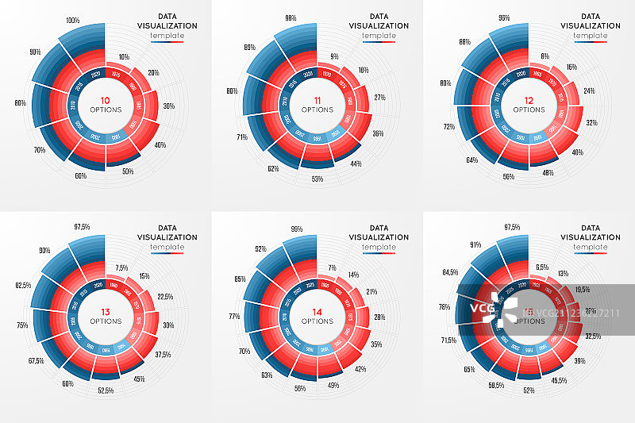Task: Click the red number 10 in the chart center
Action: tap(106, 101)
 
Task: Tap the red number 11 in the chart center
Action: tap(317, 101)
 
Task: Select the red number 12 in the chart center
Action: tap(528, 101)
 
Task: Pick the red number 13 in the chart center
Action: tap(106, 312)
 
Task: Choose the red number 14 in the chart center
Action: tap(317, 312)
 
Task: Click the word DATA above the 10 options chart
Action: tap(168, 15)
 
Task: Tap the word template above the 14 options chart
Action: tap(378, 247)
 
